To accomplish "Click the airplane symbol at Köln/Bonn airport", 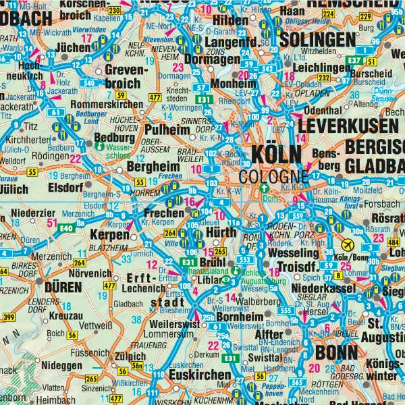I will coord(349,244).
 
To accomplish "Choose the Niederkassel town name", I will coord(311,289).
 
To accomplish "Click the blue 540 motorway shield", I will coord(88,83).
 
